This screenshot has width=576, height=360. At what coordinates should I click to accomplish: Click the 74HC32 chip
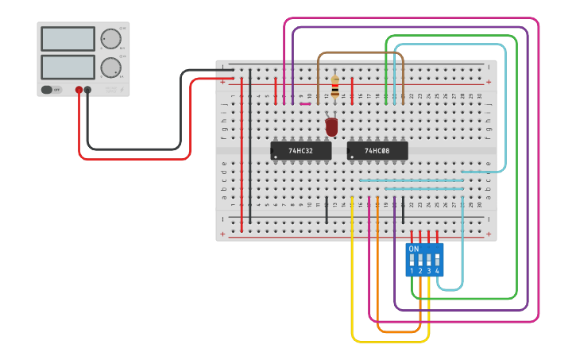[300, 150]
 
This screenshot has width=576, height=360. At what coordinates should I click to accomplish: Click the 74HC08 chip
[377, 150]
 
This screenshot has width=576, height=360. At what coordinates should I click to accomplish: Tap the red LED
[331, 126]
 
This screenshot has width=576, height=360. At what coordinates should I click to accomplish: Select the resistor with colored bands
[334, 86]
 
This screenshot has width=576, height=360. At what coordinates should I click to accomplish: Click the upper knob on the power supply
[109, 38]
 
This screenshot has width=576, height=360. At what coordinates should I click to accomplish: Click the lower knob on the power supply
[109, 67]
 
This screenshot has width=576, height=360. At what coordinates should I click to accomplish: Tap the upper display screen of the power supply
[68, 38]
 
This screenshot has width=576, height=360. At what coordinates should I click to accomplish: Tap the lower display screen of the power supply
[68, 66]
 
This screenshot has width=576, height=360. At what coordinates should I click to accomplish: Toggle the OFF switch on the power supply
[52, 90]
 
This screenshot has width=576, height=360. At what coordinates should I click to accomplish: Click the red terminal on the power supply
[79, 90]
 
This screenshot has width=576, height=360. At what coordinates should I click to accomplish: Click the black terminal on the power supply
[87, 90]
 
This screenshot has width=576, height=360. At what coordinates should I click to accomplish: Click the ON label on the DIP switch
[413, 249]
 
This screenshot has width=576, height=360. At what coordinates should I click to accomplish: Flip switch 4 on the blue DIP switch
[437, 259]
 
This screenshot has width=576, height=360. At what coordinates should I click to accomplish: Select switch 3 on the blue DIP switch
[429, 259]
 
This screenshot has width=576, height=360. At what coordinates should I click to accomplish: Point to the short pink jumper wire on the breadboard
[305, 103]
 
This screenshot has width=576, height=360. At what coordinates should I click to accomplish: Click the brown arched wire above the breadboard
[361, 54]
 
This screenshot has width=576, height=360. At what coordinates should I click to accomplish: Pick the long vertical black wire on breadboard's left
[250, 143]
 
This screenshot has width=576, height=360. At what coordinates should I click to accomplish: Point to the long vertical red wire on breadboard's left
[242, 151]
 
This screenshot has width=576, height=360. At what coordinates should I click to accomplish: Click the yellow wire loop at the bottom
[389, 342]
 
